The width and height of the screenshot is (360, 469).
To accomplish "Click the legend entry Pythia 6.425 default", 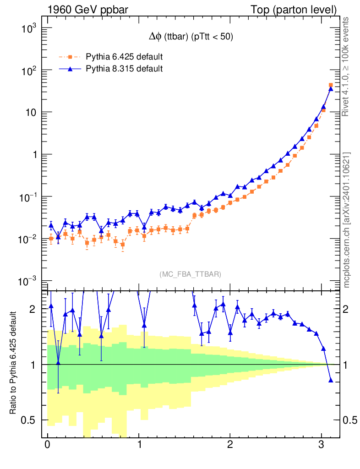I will (124, 57).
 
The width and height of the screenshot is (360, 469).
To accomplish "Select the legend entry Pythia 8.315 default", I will (124, 69).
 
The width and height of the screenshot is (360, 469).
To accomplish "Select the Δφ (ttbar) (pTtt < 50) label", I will (188, 38).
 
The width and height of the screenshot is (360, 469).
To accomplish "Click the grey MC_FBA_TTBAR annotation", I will (191, 274).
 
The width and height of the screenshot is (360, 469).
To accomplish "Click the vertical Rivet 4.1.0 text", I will (346, 66).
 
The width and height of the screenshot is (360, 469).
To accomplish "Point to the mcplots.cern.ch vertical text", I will (346, 220).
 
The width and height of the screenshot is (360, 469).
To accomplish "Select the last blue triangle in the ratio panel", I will (331, 380).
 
